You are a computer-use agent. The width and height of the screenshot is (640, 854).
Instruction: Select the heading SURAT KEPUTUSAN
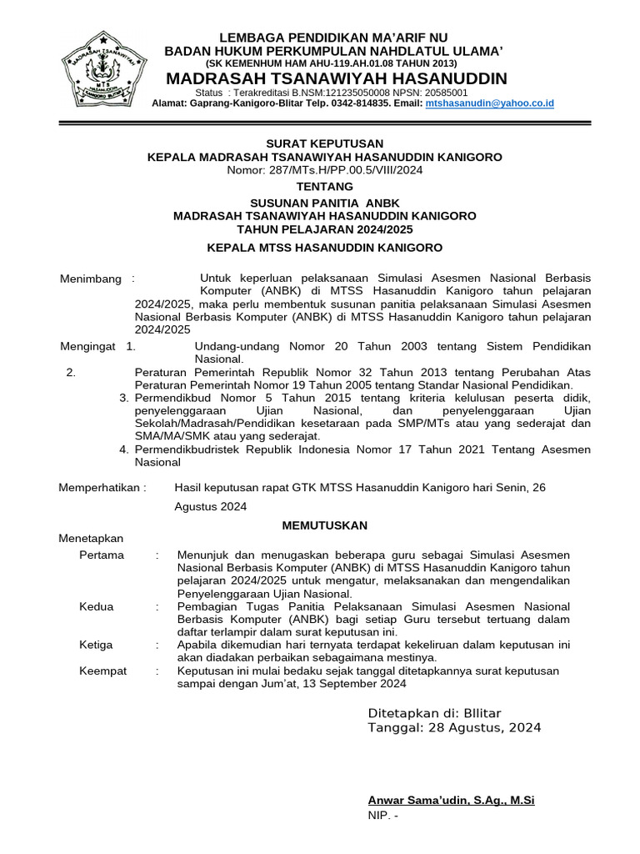pos(324,143)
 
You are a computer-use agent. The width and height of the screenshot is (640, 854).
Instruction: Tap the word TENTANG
pos(324,186)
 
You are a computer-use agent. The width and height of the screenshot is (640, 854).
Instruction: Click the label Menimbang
pos(91,279)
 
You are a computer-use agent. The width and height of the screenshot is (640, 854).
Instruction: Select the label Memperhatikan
pos(101,487)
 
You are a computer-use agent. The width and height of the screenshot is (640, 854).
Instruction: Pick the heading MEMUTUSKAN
pos(324,525)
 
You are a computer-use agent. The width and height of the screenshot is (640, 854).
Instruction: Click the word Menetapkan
pos(91,539)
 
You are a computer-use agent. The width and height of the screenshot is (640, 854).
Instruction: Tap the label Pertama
pos(102,555)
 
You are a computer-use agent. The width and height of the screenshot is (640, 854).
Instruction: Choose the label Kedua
pos(97,606)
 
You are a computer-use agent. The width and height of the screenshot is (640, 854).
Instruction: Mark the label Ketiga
pos(97,645)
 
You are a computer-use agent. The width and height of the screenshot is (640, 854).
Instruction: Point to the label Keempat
pos(103,671)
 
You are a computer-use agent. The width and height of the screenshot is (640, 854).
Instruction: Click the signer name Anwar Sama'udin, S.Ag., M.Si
pos(451,800)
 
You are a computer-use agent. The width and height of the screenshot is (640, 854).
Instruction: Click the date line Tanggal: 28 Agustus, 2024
pos(454,728)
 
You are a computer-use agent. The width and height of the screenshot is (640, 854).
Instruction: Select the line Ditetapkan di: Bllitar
pos(434,713)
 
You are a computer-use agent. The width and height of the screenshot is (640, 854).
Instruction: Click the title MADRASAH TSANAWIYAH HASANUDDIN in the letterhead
pos(337,78)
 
